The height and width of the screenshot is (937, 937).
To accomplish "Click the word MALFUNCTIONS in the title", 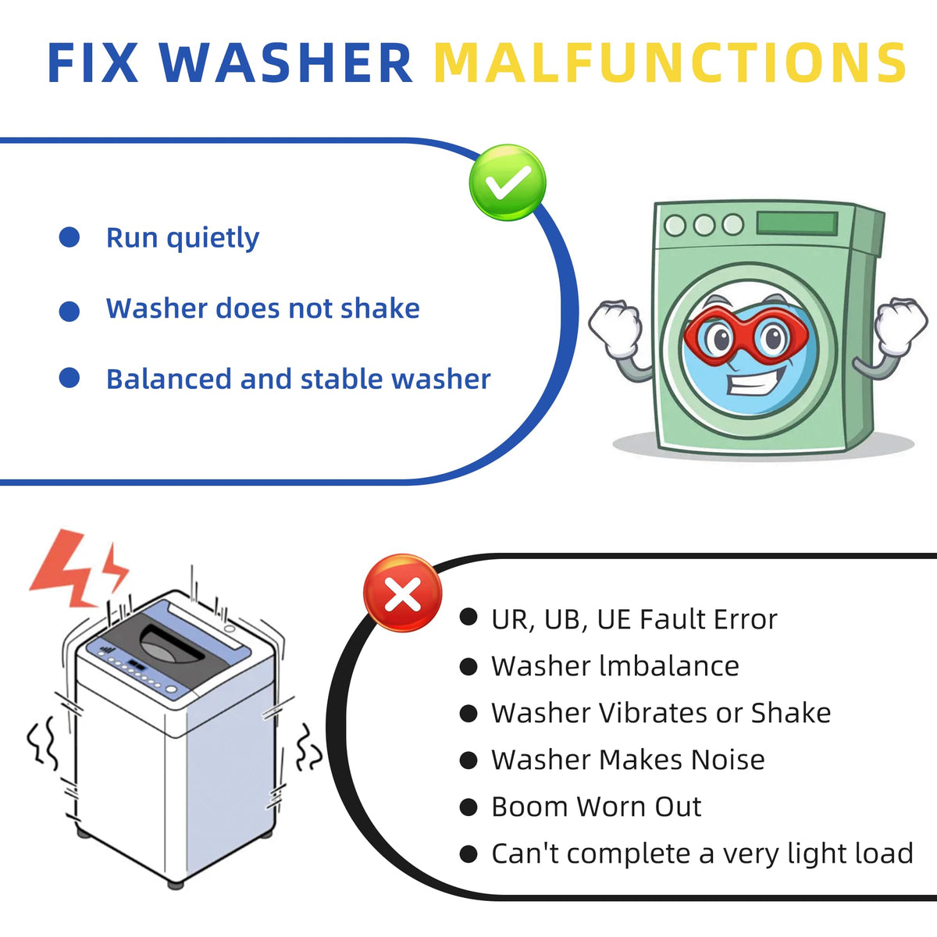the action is tap(669, 62).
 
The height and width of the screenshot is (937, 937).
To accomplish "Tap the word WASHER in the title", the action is tap(287, 62).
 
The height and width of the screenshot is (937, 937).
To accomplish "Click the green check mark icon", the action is tap(508, 183).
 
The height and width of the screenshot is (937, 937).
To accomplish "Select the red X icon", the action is tap(403, 593).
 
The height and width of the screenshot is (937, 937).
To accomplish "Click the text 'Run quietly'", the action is tap(183, 239).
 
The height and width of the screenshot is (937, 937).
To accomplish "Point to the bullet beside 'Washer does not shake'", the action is tap(69, 312).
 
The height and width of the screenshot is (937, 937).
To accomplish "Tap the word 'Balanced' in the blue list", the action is tap(169, 379).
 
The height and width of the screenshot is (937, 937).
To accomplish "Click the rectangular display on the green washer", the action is tap(796, 223).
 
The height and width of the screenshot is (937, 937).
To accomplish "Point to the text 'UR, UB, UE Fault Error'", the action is tap(634, 620).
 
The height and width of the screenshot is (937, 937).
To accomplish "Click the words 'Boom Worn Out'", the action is tap(596, 807).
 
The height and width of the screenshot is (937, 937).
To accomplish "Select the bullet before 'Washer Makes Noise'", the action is tap(468, 761).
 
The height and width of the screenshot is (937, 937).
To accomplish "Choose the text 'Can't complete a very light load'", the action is tap(702, 854).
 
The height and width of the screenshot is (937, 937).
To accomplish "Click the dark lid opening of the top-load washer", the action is tap(171, 643).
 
